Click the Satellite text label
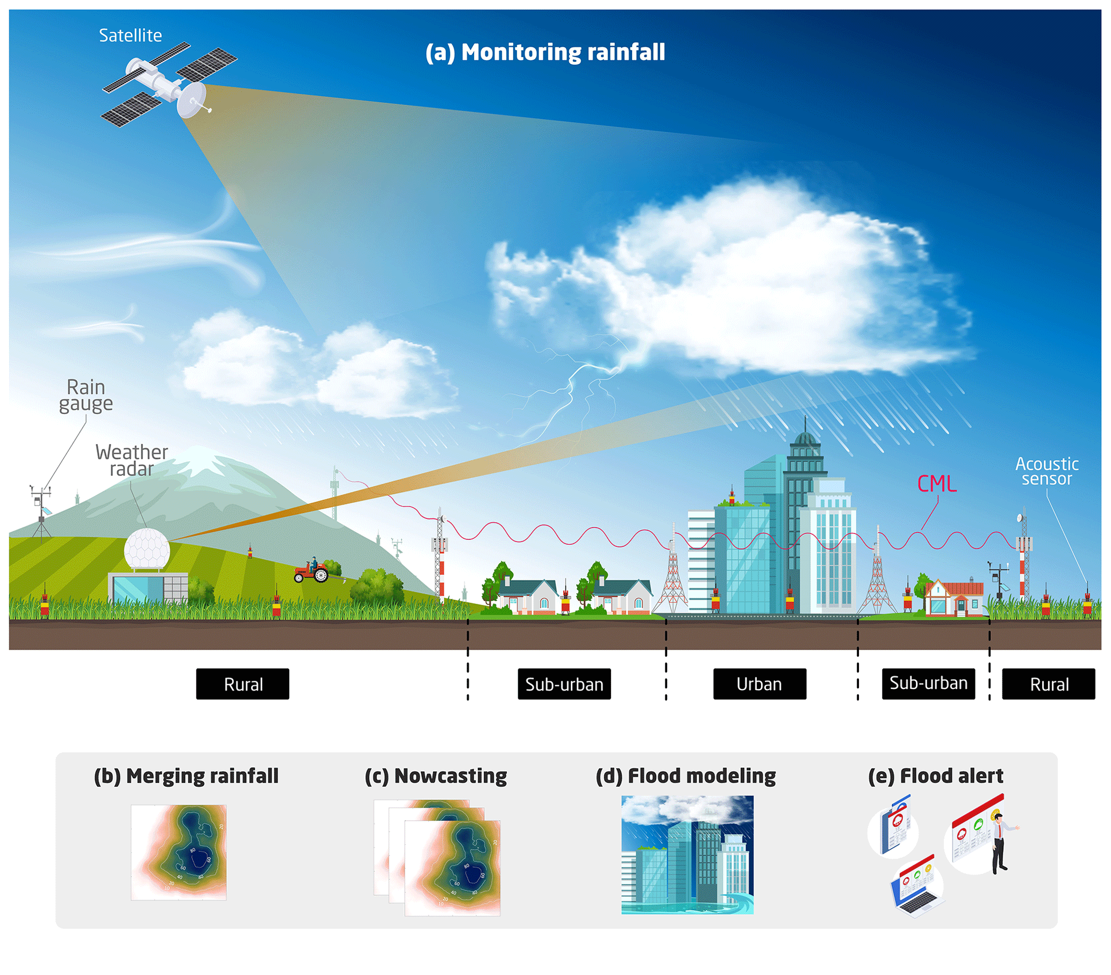tap(131, 35)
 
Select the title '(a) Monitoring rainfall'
tap(545, 53)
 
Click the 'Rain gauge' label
tap(86, 395)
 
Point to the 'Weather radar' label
tap(132, 460)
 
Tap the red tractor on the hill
tap(311, 572)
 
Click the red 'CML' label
tap(936, 484)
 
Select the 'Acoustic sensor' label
tap(1047, 471)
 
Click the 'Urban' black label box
tap(759, 684)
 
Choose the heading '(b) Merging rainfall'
tap(186, 776)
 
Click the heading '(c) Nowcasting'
tap(435, 776)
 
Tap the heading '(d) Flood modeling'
tap(685, 776)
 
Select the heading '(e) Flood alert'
tap(935, 776)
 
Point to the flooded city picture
tap(687, 855)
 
